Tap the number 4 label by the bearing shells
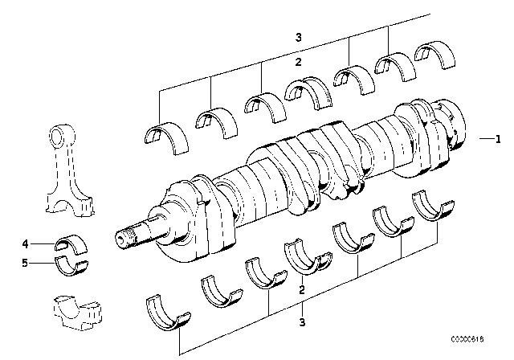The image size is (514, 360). click(x=25, y=243)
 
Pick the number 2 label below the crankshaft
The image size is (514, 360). click(x=301, y=291)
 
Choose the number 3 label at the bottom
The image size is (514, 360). click(x=301, y=324)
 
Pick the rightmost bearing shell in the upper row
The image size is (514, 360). click(x=433, y=56)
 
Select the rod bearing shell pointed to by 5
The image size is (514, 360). click(x=73, y=263)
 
